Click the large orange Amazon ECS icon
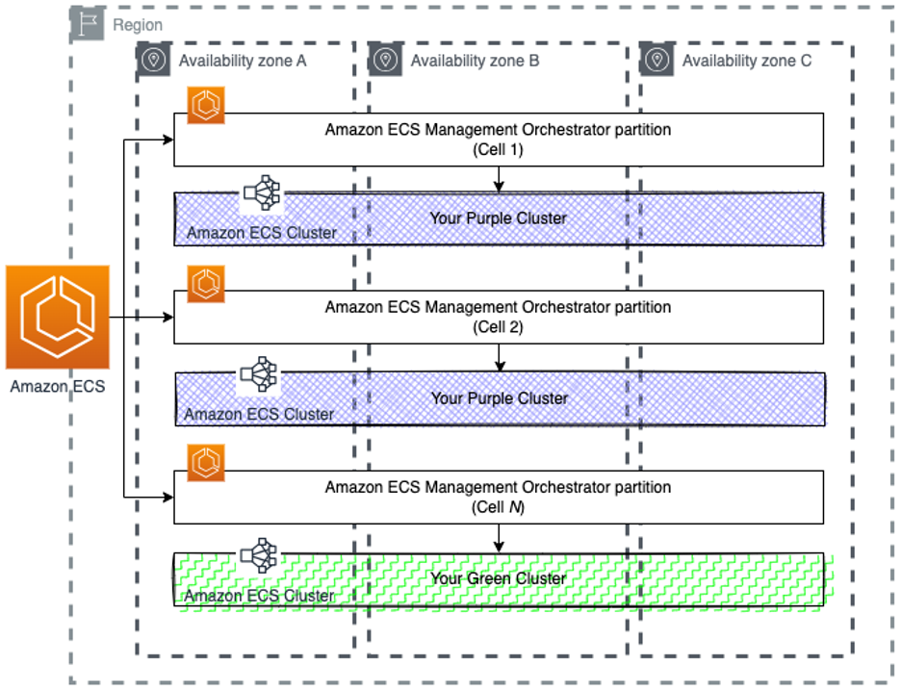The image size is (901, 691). point(57,319)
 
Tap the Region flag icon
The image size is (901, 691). point(90,25)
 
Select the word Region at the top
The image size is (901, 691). point(138,26)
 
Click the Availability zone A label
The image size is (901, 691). point(243,61)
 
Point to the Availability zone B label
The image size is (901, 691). point(475,61)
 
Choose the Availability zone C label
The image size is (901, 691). point(747,61)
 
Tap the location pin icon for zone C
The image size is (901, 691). point(657,60)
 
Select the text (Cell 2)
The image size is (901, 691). point(498,327)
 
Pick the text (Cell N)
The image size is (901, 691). point(498,507)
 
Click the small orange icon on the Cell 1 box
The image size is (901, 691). point(206,105)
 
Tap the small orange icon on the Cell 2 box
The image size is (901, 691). point(206,284)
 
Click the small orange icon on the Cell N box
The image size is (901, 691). point(206,463)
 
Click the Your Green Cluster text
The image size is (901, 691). point(498,578)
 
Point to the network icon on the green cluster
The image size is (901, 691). point(259,555)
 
